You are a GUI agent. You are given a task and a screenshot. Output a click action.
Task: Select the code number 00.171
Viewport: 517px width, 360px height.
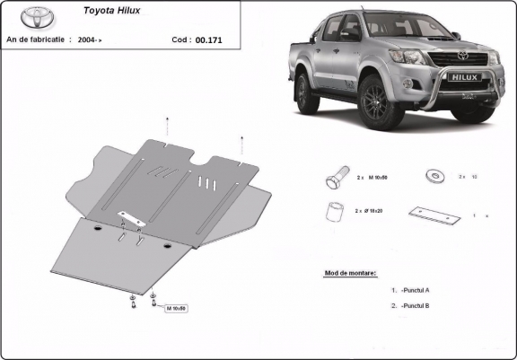(208, 40)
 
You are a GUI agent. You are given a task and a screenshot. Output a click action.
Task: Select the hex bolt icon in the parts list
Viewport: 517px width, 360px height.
(332, 177)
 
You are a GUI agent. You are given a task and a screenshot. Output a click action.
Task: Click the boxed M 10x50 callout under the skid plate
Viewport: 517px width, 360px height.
(176, 308)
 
